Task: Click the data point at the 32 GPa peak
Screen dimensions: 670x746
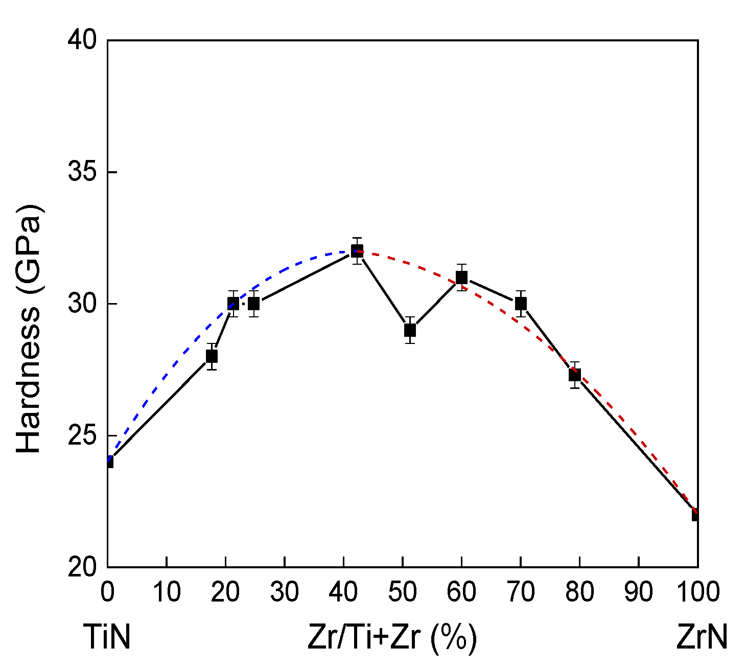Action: [x=357, y=251]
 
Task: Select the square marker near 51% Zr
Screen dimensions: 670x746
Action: [x=410, y=330]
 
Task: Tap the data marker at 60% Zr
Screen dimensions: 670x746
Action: [x=461, y=278]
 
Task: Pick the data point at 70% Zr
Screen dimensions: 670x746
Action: [x=521, y=304]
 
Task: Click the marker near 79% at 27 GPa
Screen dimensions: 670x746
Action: [x=575, y=375]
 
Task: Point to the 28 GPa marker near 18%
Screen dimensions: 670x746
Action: [x=212, y=356]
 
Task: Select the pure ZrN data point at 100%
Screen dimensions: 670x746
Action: [x=696, y=514]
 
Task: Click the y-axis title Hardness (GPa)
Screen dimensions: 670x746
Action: [x=29, y=328]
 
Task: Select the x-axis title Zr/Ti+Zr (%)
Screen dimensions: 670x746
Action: [x=392, y=638]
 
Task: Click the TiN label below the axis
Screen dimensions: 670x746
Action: [x=107, y=638]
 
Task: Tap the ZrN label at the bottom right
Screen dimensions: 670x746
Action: [x=702, y=638]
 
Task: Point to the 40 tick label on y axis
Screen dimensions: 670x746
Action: [x=83, y=40]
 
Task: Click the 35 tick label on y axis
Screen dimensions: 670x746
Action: [x=83, y=172]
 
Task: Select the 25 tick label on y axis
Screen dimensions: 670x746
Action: [x=83, y=435]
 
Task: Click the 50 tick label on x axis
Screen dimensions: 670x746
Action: [x=403, y=592]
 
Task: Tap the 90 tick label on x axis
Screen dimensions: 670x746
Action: [x=639, y=592]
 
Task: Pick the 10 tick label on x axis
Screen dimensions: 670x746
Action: [x=167, y=592]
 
